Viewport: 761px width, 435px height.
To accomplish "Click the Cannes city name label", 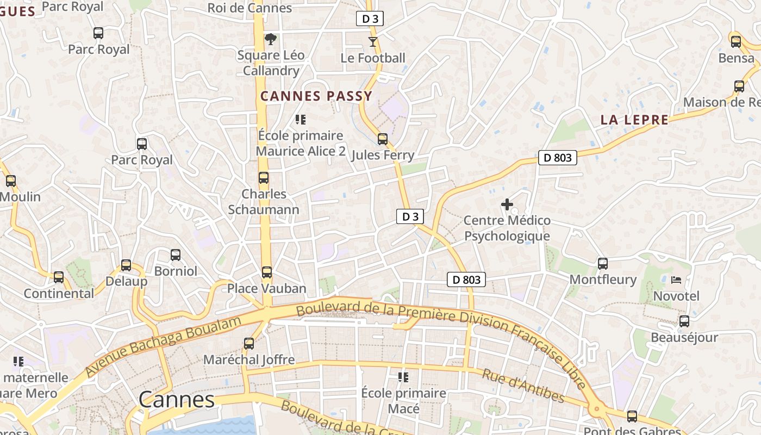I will (177, 400).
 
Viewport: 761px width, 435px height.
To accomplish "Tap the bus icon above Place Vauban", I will (266, 272).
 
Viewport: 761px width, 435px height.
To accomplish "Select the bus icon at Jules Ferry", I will (383, 139).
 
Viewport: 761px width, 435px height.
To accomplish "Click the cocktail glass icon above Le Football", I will (372, 42).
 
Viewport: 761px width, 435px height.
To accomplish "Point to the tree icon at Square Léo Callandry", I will (270, 39).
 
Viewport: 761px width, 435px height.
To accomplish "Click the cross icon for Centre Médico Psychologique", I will (507, 204).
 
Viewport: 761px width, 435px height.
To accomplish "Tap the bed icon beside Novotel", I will (676, 280).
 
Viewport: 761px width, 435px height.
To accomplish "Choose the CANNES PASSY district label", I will (316, 97).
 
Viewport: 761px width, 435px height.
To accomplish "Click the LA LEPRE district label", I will (634, 120).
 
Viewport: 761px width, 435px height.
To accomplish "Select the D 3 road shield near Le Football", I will (370, 19).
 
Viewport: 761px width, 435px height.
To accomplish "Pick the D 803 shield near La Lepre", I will (558, 158).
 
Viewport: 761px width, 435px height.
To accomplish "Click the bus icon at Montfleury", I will (602, 264).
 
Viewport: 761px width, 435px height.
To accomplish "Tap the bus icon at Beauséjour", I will (684, 321).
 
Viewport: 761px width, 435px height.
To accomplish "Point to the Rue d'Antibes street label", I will (523, 386).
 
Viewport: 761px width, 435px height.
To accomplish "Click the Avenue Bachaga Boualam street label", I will (163, 346).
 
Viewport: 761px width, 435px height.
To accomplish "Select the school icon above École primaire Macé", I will (403, 377).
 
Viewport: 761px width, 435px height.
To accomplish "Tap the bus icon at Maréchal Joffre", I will (248, 344).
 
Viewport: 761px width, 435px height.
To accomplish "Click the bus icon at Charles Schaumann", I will (264, 178).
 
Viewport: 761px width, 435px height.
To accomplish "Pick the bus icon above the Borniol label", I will (175, 254).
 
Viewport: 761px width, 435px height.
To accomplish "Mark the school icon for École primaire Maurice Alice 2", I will (300, 119).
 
